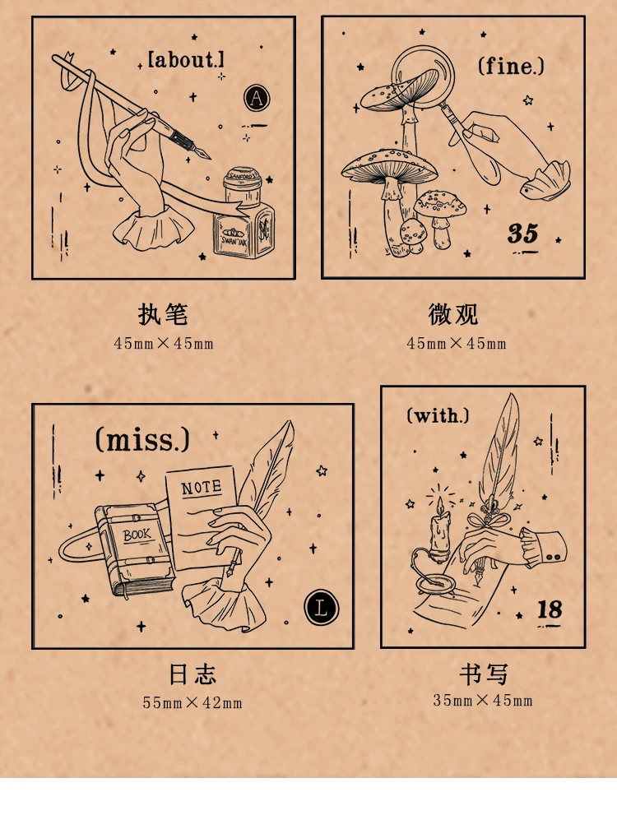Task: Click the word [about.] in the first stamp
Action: pyautogui.click(x=186, y=59)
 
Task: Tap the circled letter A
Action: pyautogui.click(x=257, y=98)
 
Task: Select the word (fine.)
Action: pyautogui.click(x=511, y=66)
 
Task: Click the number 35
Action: pyautogui.click(x=522, y=233)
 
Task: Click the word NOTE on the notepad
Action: pyautogui.click(x=202, y=487)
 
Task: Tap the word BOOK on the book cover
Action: pyautogui.click(x=137, y=535)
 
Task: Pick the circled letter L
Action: pyautogui.click(x=322, y=607)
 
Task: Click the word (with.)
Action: pyautogui.click(x=437, y=415)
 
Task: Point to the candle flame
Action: pyautogui.click(x=440, y=505)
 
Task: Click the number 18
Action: pyautogui.click(x=550, y=609)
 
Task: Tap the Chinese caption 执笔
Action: pyautogui.click(x=164, y=314)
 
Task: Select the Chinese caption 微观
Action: pyautogui.click(x=453, y=314)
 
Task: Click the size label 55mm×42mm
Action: pyautogui.click(x=193, y=702)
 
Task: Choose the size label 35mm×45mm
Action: pyautogui.click(x=483, y=700)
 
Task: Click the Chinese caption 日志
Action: pyautogui.click(x=193, y=674)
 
